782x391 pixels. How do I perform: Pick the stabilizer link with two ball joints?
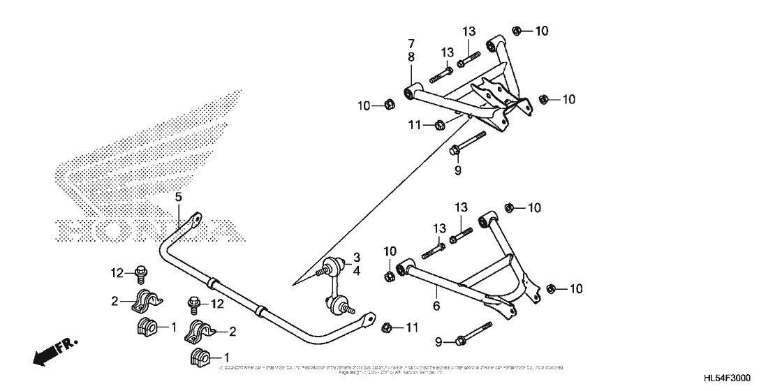pyautogui.click(x=334, y=284)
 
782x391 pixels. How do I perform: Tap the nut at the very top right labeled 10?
pyautogui.click(x=517, y=30)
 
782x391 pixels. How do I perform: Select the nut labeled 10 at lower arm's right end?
pyautogui.click(x=549, y=288)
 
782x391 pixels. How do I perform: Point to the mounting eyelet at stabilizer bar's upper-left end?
pyautogui.click(x=196, y=219)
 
